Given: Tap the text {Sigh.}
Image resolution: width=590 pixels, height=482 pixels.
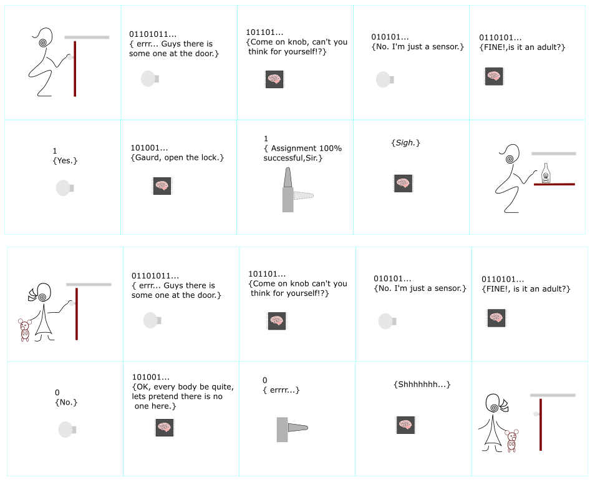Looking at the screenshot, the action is pyautogui.click(x=405, y=143).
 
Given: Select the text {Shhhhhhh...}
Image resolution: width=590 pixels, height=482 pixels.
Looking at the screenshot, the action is pyautogui.click(x=422, y=385).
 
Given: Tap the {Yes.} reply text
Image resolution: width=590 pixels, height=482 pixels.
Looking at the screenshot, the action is pyautogui.click(x=65, y=161).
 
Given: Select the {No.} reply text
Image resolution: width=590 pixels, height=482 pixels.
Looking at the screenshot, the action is pyautogui.click(x=66, y=402).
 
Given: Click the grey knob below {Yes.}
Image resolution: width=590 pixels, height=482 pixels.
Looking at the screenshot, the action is pyautogui.click(x=65, y=188).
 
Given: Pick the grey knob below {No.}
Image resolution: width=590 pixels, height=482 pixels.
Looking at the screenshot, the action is pyautogui.click(x=67, y=430).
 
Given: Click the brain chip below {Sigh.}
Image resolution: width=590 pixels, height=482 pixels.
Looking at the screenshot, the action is pyautogui.click(x=404, y=184).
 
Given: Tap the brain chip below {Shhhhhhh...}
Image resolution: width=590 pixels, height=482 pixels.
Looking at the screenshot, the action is pyautogui.click(x=405, y=425).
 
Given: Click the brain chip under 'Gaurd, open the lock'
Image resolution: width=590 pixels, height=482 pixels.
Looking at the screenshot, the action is pyautogui.click(x=162, y=186).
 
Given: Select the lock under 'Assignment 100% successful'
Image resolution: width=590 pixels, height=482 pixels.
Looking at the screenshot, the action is pyautogui.click(x=294, y=190).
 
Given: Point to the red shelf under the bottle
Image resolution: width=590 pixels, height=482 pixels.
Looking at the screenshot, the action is pyautogui.click(x=554, y=184).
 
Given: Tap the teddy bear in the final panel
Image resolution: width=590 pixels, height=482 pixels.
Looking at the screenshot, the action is pyautogui.click(x=512, y=441).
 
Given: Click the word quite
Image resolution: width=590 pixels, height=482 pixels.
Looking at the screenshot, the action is pyautogui.click(x=223, y=387).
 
